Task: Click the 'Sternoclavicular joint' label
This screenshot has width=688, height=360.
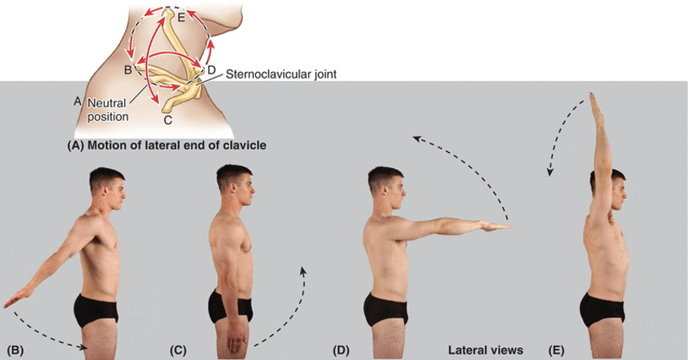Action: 281,74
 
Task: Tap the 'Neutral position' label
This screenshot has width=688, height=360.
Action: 106,109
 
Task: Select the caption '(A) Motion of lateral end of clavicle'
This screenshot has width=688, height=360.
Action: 167,145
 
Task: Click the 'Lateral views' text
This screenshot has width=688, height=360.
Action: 485,349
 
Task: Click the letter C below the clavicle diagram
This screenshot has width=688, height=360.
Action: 167,120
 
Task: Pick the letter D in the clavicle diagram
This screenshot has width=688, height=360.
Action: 211,69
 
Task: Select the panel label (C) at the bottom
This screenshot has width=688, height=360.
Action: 177,349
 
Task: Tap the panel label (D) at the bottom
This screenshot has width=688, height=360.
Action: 341,349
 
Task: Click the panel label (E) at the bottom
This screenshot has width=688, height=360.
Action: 559,349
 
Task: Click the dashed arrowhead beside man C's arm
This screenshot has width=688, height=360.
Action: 302,270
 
